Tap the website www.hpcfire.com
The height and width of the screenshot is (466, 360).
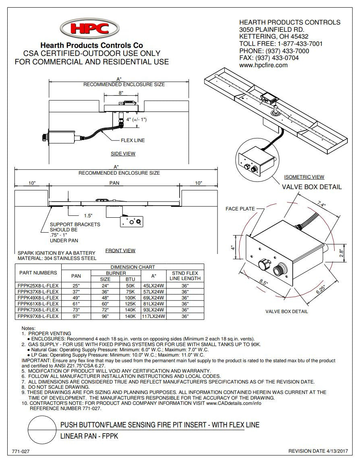click(x=263, y=65)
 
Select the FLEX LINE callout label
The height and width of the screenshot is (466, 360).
click(x=132, y=140)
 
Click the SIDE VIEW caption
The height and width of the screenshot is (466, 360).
click(x=123, y=154)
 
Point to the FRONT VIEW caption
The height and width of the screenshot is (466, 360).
click(x=120, y=251)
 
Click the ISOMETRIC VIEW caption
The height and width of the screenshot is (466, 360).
click(x=304, y=177)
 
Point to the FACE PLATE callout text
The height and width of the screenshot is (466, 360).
click(x=240, y=209)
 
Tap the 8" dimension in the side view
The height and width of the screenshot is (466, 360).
click(x=121, y=93)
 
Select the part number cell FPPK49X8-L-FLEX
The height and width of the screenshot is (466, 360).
click(x=38, y=297)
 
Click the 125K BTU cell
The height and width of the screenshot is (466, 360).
click(x=130, y=303)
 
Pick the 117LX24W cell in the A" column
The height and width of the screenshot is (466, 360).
click(x=154, y=316)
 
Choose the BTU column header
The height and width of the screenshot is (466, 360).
click(x=130, y=279)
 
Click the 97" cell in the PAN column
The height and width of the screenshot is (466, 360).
click(x=76, y=316)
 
